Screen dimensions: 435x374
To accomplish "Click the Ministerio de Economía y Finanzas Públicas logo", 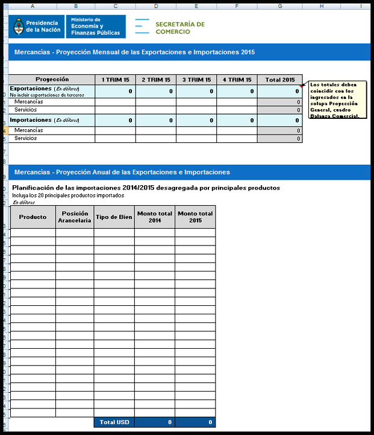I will tap(91, 27).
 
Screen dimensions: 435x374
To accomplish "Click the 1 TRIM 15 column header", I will tap(115, 80).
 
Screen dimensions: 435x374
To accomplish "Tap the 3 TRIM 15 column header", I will tap(196, 80).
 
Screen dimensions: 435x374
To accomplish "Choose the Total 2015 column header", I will tap(280, 80).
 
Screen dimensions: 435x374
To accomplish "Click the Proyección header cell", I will tap(52, 80).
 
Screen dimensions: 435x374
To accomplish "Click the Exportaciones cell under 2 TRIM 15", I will tap(155, 91).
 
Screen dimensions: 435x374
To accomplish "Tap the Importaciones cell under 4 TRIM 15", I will tap(237, 120).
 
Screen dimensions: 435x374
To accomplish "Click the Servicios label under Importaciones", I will tap(26, 139).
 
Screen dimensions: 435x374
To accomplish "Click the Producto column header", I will tap(33, 217).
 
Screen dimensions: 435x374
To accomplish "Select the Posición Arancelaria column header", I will tap(75, 217).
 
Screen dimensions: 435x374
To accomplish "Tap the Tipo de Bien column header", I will tap(114, 217).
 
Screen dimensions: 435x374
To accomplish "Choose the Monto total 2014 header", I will tap(155, 217).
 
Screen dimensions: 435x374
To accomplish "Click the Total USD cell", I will tap(114, 422).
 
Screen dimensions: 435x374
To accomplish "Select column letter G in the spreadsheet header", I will tap(280, 5).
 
